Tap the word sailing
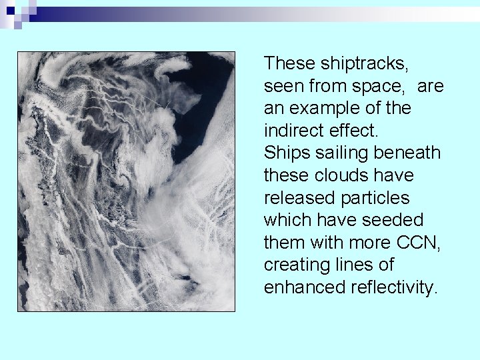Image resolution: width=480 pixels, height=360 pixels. (x=341, y=153)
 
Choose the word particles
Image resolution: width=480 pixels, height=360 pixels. (x=382, y=198)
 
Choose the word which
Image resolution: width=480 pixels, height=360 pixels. (x=288, y=221)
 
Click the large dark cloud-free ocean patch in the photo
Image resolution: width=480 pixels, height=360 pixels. (x=207, y=93)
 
